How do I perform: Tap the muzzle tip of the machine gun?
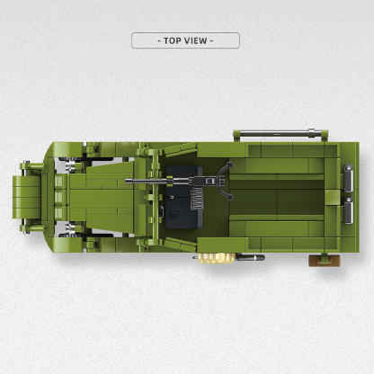coord(127,181)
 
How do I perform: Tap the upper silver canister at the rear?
coord(348,178)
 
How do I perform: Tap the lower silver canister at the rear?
coord(348,210)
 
